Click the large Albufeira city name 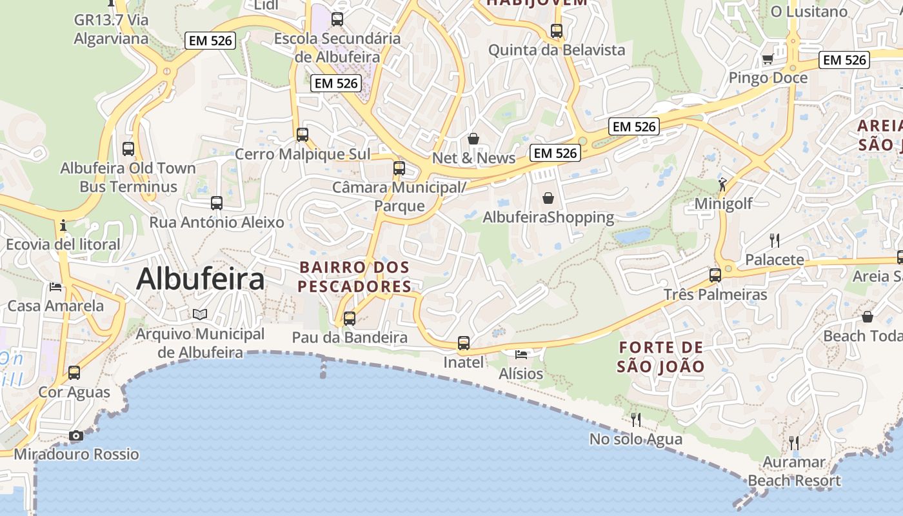tap(201, 279)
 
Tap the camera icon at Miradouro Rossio tap(76, 436)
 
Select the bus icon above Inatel tap(464, 343)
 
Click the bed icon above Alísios tap(521, 354)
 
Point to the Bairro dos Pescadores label tap(355, 276)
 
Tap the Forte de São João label tap(660, 357)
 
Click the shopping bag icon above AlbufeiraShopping tap(548, 198)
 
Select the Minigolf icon tap(722, 184)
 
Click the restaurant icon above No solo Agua tap(636, 420)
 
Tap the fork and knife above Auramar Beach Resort tap(794, 443)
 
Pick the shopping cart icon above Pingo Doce tap(768, 59)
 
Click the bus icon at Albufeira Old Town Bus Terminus tap(128, 149)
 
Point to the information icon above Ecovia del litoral tap(63, 225)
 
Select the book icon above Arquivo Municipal tap(200, 314)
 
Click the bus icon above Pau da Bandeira tap(350, 318)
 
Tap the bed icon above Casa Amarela tap(55, 286)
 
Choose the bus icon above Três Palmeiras tap(715, 275)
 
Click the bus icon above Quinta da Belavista tap(557, 30)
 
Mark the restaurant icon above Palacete tap(775, 241)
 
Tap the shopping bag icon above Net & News tap(473, 139)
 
